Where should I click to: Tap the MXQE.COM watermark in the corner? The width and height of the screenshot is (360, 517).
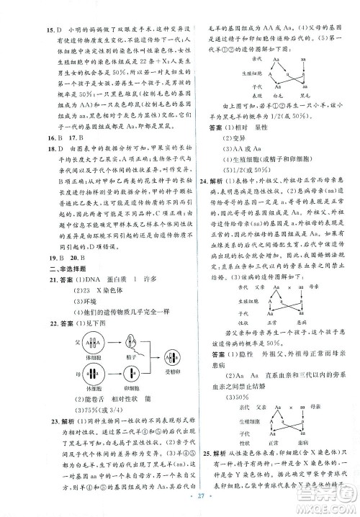[x=333, y=507]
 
